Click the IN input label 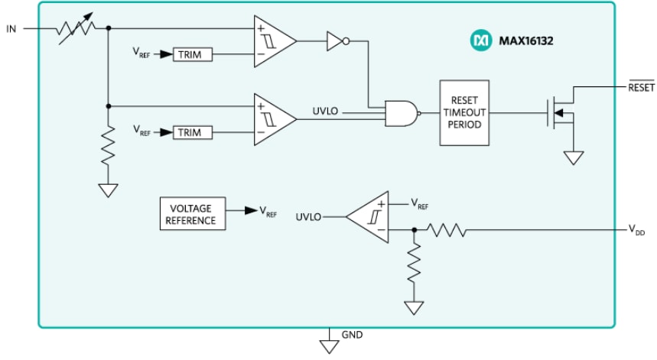[x=11, y=29]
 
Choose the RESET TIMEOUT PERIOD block [x=463, y=113]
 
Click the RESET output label [x=641, y=87]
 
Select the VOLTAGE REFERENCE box [x=190, y=214]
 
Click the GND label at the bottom [x=353, y=335]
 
